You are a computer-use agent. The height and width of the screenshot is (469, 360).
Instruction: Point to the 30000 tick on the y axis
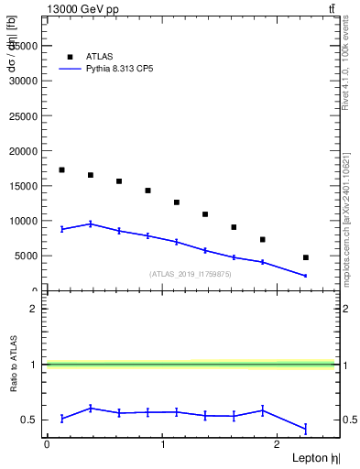(x=24, y=80)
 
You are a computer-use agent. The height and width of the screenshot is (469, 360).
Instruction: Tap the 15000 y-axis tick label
(x=24, y=186)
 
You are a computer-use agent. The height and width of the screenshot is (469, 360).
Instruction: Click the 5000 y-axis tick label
(x=27, y=256)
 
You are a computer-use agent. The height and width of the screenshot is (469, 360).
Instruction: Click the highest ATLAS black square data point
(x=61, y=169)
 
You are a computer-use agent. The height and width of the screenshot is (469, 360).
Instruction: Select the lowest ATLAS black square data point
(x=305, y=257)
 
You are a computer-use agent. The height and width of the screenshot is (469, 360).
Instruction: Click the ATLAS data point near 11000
(x=205, y=214)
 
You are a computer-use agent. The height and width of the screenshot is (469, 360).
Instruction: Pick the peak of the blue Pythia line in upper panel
(x=90, y=224)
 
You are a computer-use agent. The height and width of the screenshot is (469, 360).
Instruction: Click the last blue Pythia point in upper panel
(x=305, y=276)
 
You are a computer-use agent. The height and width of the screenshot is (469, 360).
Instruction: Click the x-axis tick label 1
(x=162, y=444)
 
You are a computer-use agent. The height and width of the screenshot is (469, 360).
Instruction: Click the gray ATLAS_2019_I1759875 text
(x=191, y=274)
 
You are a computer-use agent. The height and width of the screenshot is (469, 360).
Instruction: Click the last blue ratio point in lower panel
(x=305, y=428)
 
